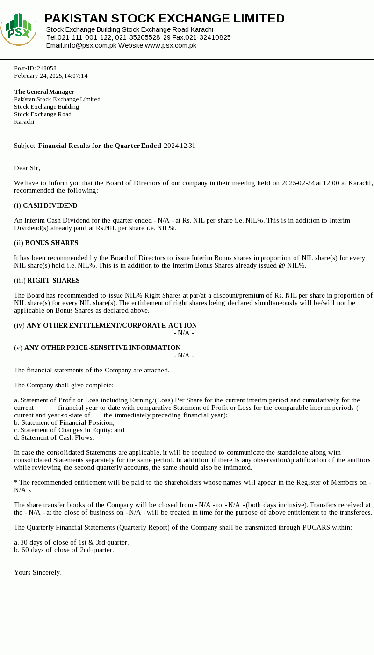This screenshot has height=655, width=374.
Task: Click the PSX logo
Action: pyautogui.click(x=19, y=29)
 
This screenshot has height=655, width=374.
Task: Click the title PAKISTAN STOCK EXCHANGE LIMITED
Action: pyautogui.click(x=165, y=18)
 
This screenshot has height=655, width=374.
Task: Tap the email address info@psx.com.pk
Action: pyautogui.click(x=90, y=45)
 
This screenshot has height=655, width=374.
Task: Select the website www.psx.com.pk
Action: pyautogui.click(x=170, y=45)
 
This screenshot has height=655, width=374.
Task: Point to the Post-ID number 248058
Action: pyautogui.click(x=47, y=68)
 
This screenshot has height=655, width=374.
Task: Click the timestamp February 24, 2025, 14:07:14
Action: pyautogui.click(x=51, y=76)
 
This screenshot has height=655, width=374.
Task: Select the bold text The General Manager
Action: pyautogui.click(x=44, y=92)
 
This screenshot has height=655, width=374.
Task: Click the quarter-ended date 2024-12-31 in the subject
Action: pyautogui.click(x=180, y=146)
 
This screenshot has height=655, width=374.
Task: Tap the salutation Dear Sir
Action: pyautogui.click(x=27, y=168)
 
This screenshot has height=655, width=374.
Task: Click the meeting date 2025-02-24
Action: pyautogui.click(x=298, y=183)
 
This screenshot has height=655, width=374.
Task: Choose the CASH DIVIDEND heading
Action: pyautogui.click(x=50, y=205)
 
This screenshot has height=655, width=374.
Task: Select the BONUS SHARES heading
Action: pyautogui.click(x=51, y=243)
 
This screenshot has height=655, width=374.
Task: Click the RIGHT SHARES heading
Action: pyautogui.click(x=53, y=280)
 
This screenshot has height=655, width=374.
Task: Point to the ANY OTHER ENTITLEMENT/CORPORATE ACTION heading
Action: pyautogui.click(x=112, y=325)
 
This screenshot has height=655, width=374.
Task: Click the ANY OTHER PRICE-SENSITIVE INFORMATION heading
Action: pyautogui.click(x=102, y=348)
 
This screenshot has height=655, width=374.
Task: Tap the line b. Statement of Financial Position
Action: pyautogui.click(x=64, y=422)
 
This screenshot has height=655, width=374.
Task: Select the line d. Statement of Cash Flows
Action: pyautogui.click(x=54, y=437)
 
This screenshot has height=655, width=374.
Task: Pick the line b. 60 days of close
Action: pyautogui.click(x=64, y=550)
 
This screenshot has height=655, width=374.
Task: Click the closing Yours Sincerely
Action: pyautogui.click(x=38, y=572)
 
